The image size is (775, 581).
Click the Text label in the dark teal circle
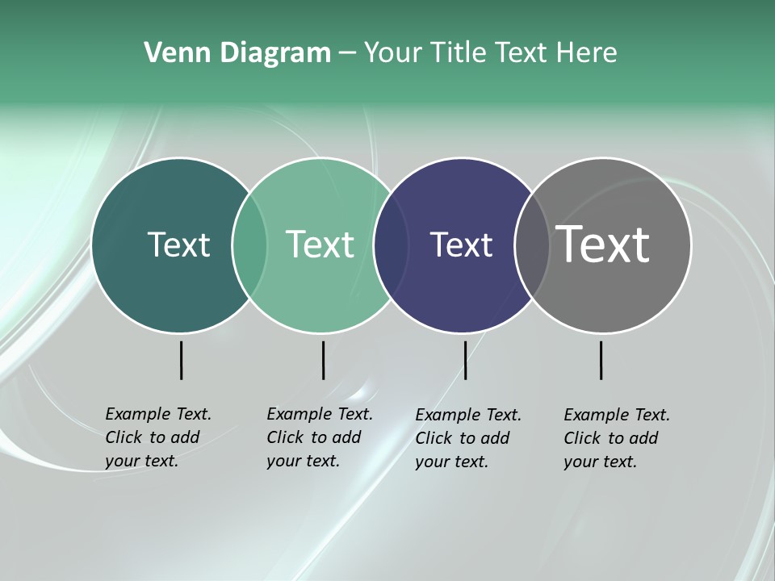coord(178,245)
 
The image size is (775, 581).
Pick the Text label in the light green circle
coord(320,245)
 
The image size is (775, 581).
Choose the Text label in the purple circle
coord(461,245)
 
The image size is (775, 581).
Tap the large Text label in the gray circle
coord(603,244)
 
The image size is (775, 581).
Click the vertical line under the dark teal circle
coord(181,360)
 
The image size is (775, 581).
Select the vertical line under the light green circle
coord(323,360)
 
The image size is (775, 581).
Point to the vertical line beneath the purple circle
coord(465,360)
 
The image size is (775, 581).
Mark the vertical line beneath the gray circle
coord(601,360)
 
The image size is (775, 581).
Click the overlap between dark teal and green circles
coord(249,245)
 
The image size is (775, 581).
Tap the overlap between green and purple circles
coord(391,245)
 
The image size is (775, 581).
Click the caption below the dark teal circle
coord(157,437)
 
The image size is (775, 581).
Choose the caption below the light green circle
coord(319,437)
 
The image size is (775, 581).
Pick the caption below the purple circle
coord(467,438)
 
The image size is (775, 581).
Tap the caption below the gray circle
coord(616,438)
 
